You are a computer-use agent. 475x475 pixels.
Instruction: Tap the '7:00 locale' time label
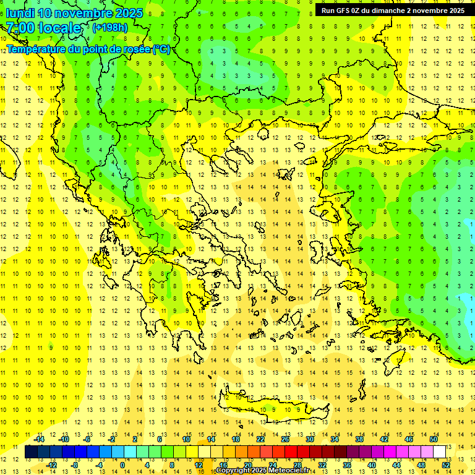[43, 28]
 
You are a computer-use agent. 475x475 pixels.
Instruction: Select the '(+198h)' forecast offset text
[110, 28]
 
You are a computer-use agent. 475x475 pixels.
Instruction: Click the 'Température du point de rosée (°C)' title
[88, 49]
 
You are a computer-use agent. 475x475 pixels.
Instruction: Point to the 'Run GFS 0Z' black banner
[393, 10]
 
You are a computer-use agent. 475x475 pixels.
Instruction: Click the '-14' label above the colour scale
[39, 439]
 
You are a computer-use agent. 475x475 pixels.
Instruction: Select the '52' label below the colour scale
[446, 465]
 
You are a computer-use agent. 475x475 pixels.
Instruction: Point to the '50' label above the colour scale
[434, 439]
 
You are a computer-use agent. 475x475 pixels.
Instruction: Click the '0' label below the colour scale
[122, 465]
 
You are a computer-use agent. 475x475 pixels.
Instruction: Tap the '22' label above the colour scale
[260, 439]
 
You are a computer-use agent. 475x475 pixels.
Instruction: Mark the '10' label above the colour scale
[186, 439]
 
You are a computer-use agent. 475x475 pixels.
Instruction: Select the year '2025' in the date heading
[127, 13]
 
